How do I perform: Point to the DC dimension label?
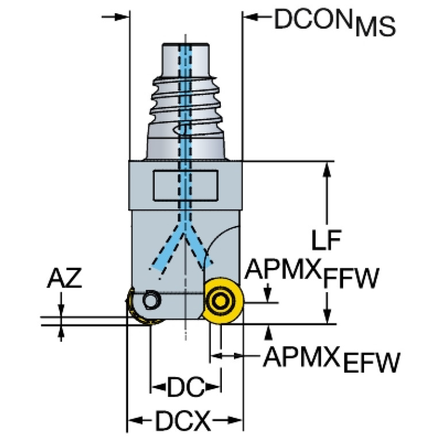point(186,389)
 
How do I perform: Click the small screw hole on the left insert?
point(151,300)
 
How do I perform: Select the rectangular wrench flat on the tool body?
point(185,186)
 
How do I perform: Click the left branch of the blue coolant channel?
point(167,251)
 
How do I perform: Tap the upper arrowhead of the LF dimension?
point(328,168)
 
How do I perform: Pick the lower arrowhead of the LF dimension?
point(328,317)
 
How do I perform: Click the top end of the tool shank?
point(185,44)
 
